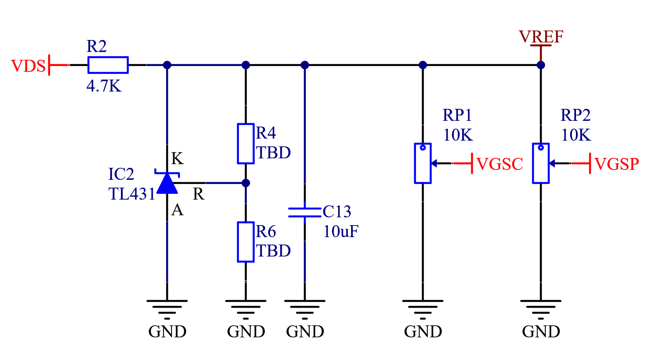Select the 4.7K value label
pos(104,86)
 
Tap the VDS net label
pos(28,66)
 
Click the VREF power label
pos(541,37)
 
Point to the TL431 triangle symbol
pos(167,183)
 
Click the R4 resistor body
pos(245,144)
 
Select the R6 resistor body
pos(245,242)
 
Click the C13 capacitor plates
pos(305,212)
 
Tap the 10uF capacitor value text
pos(341,231)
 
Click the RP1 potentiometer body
pos(423,163)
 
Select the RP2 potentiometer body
pos(541,163)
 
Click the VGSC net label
pos(500,164)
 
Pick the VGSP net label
pos(617,164)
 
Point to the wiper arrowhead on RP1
pos(434,163)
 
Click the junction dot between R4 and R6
pos(245,183)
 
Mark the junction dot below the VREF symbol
pos(541,65)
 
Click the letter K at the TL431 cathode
pos(177,158)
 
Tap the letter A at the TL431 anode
pos(177,210)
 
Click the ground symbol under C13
pos(305,310)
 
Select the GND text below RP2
pos(541,332)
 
